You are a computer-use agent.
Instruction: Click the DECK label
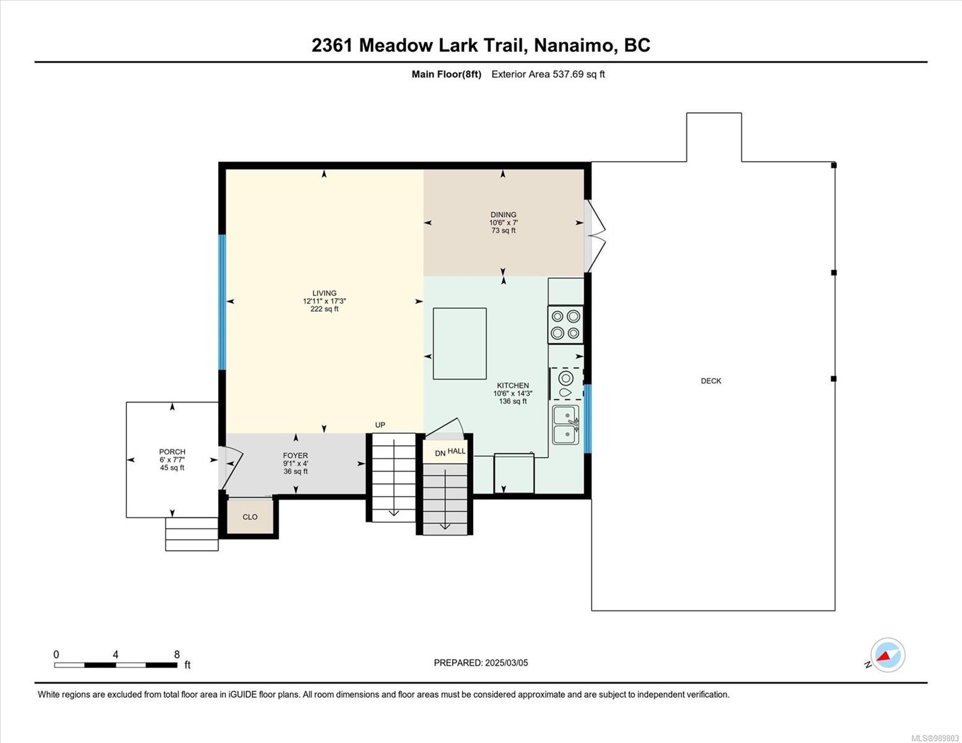[x=711, y=381]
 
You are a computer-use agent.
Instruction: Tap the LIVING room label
[x=324, y=293]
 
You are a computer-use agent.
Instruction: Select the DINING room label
[x=503, y=215]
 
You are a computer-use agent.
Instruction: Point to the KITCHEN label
[x=512, y=386]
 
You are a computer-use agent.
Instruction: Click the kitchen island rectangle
[x=460, y=344]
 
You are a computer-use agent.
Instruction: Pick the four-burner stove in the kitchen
[x=565, y=324]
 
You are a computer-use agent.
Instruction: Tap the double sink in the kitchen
[x=566, y=425]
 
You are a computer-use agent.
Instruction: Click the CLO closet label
[x=250, y=517]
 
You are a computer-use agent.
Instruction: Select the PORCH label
[x=172, y=452]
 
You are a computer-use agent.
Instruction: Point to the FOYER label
[x=295, y=456]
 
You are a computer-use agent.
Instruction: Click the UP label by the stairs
[x=380, y=425]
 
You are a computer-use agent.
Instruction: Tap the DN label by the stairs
[x=440, y=453]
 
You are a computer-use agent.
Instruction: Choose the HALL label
[x=457, y=451]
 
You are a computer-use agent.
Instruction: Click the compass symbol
[x=888, y=655]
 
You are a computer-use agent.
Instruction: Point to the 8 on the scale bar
[x=177, y=654]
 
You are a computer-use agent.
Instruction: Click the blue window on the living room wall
[x=222, y=302]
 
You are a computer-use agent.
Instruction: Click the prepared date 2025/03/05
[x=506, y=663]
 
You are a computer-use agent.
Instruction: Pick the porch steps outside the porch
[x=191, y=534]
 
